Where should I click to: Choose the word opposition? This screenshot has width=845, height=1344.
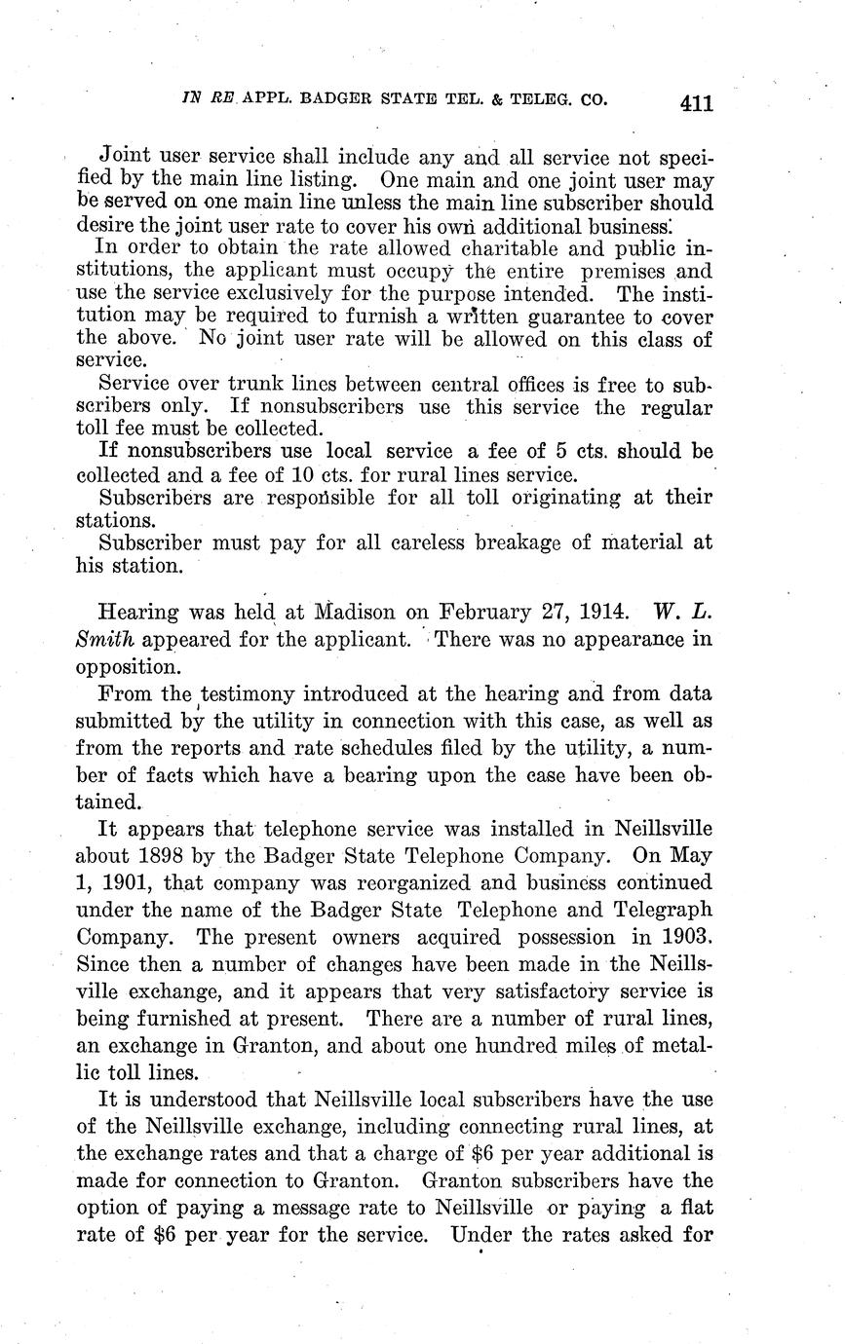128,669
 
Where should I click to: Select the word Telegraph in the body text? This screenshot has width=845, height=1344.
659,911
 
